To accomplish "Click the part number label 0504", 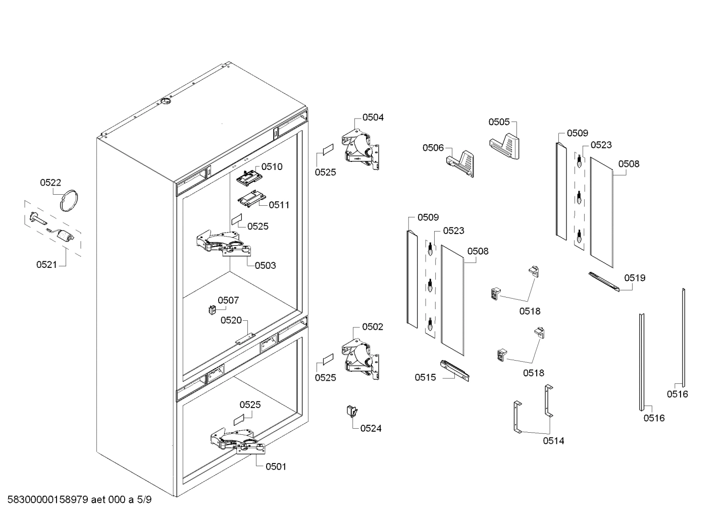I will pos(373,117).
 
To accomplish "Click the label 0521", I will pos(47,264).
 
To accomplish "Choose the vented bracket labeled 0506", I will pos(462,162).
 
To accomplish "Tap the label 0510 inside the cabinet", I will pos(272,166).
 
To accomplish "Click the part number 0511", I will pos(279,205).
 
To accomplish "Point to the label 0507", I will pos(228,300).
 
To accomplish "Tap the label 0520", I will pos(231,320).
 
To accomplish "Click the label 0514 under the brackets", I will pos(553,440).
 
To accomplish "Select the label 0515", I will pos(425,377).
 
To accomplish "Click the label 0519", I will pos(634,277).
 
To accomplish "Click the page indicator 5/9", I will pos(143,500).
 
